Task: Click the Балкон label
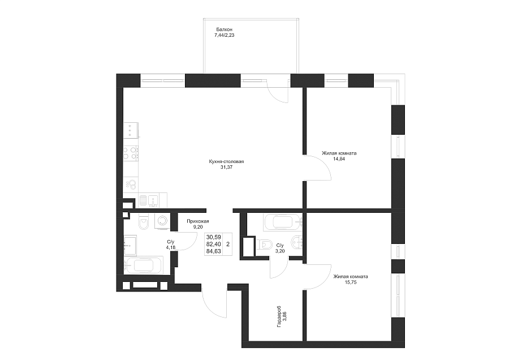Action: (224, 29)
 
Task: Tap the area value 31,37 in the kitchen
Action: (227, 168)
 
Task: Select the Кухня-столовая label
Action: (227, 161)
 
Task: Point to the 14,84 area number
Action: (339, 159)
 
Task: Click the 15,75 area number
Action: (351, 282)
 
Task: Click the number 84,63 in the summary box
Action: (214, 251)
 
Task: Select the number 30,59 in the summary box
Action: (214, 238)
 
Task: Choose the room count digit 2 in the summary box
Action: (228, 244)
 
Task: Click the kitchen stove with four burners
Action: (131, 153)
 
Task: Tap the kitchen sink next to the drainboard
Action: (153, 200)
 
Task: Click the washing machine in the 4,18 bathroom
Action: (162, 221)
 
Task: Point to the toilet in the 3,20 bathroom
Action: (265, 244)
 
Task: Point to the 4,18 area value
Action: (170, 247)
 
